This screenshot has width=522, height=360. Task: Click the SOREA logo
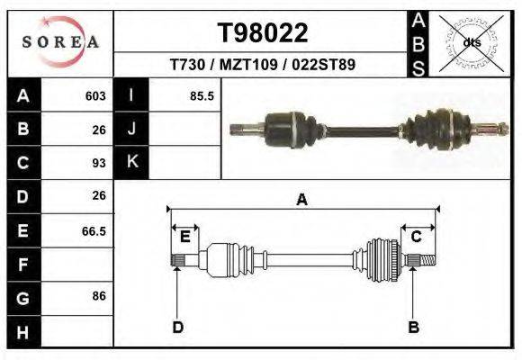click(x=60, y=41)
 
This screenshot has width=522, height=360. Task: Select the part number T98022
click(x=263, y=33)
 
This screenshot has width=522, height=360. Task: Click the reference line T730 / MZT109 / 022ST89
click(x=263, y=65)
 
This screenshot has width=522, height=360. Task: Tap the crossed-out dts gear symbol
click(x=472, y=42)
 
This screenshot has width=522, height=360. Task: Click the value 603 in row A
click(x=95, y=95)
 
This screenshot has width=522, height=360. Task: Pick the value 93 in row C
click(x=99, y=163)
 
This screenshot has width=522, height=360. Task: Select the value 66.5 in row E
click(x=94, y=231)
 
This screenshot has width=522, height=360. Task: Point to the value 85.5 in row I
click(x=201, y=95)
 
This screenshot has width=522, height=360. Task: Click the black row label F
click(x=22, y=265)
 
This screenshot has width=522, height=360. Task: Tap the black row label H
click(x=22, y=333)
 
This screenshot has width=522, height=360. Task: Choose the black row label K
click(x=131, y=162)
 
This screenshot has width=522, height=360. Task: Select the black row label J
click(x=131, y=129)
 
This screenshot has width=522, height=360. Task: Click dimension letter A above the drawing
click(x=301, y=200)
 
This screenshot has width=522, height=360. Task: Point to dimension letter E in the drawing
click(x=184, y=236)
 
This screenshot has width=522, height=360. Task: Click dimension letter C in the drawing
click(x=417, y=236)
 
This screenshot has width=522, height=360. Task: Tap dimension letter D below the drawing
click(x=177, y=327)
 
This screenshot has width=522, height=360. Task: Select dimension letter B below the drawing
click(x=414, y=327)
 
